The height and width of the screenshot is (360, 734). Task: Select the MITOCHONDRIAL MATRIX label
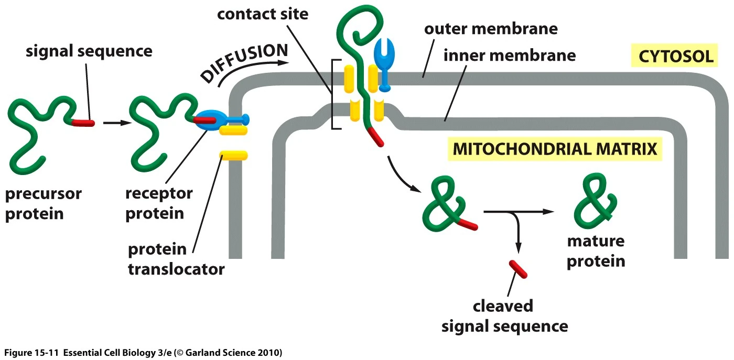point(555,149)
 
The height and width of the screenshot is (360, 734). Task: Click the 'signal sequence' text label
point(90,51)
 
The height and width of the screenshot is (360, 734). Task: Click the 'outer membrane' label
point(491,28)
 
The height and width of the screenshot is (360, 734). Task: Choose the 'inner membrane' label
point(510,55)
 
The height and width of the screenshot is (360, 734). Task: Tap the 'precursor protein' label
point(44,203)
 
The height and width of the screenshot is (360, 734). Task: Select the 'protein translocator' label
point(176,259)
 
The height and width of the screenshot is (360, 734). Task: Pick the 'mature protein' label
point(596,251)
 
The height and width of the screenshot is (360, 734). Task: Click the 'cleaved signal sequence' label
point(504,316)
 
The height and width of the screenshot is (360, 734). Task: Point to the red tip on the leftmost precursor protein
point(84,123)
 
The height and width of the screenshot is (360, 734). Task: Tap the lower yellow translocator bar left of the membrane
point(233,155)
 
